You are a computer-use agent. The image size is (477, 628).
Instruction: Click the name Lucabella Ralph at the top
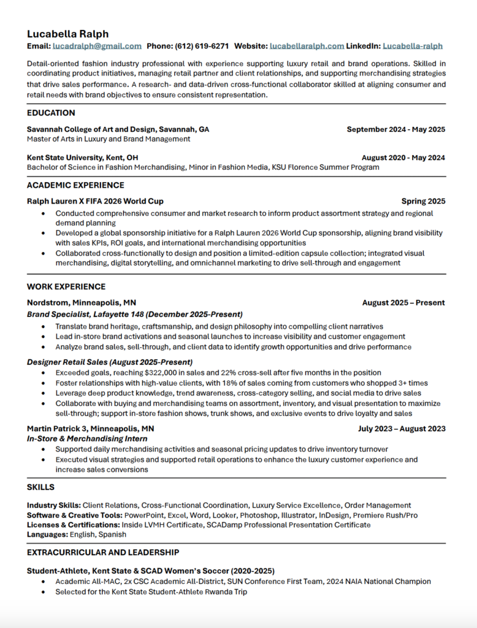point(67,34)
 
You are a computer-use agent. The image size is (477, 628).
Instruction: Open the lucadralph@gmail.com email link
point(97,46)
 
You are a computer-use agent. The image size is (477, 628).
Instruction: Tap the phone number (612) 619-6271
point(202,46)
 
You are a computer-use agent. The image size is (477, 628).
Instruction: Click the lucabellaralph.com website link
point(307,46)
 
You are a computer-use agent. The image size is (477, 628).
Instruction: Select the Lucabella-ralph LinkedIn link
point(412,46)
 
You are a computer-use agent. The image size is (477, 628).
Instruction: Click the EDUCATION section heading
point(51,113)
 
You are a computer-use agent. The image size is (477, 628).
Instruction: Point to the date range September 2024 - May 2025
point(395,129)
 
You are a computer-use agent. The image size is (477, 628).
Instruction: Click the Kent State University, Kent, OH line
point(82,158)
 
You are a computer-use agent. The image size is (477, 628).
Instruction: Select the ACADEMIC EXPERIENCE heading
point(75,185)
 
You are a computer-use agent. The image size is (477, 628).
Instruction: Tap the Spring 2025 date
point(423,201)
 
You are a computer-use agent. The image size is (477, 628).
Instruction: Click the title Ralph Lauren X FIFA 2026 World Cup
point(95,201)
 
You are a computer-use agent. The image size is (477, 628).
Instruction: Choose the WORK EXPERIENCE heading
point(66,286)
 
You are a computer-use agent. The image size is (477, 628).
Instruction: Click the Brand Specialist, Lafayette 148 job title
point(134,314)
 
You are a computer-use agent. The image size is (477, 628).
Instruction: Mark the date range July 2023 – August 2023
point(402,429)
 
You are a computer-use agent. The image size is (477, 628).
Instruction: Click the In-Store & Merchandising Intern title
point(87,438)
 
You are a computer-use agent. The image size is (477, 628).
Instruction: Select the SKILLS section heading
point(40,487)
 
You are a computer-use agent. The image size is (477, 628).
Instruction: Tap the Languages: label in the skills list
point(47,535)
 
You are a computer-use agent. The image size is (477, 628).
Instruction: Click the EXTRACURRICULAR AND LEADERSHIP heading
point(103,553)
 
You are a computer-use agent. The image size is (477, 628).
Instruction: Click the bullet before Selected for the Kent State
point(42,592)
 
